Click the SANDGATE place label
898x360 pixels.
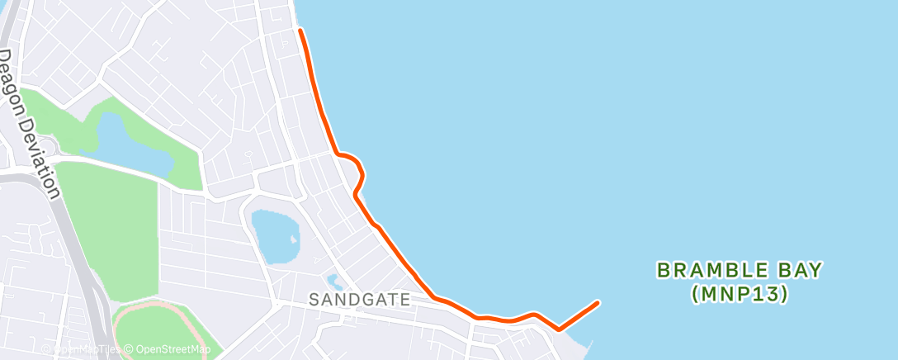(360, 300)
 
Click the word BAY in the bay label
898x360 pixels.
(800, 269)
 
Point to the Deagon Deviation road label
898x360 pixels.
(30, 124)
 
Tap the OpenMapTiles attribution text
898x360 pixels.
(87, 349)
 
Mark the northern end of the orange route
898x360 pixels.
(300, 31)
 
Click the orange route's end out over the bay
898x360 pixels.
(596, 302)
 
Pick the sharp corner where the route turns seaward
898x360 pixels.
(560, 329)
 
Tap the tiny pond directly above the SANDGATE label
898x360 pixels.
(333, 281)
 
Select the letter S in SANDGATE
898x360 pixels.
(314, 300)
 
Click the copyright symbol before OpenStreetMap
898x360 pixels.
(130, 349)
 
